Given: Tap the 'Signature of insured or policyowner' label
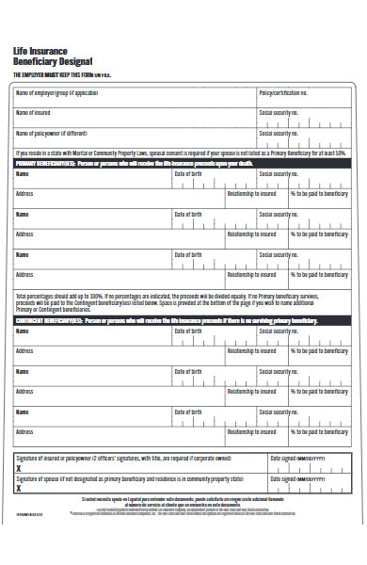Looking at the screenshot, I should point(123,458).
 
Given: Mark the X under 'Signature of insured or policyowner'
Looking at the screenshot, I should point(19,468).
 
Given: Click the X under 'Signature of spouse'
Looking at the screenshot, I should point(19,488).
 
